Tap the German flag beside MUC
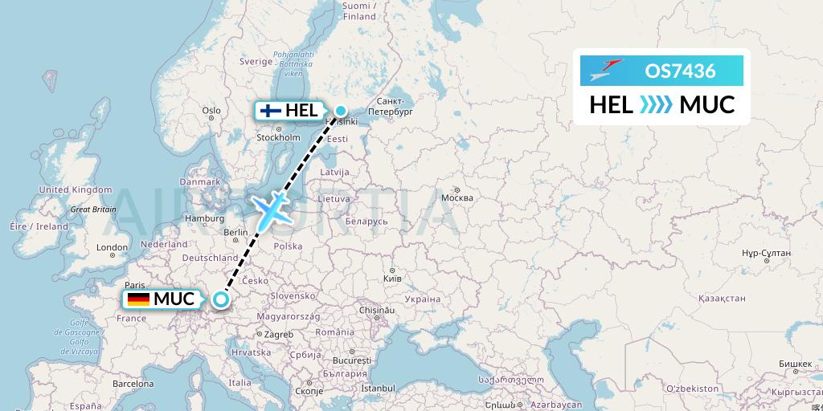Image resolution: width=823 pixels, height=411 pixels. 138,299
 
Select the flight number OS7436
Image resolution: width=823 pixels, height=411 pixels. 680,71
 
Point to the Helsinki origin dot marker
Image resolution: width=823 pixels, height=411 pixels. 341,111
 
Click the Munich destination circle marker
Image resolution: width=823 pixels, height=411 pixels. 220,300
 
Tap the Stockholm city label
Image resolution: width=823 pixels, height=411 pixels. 278,137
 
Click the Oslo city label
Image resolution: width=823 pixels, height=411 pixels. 211,111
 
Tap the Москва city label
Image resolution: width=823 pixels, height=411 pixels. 457,197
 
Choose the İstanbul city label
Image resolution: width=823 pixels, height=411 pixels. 379,389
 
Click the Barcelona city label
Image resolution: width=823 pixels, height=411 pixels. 133,384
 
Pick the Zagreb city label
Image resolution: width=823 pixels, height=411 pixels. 279,333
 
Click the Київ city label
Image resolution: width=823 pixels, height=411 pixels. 391,277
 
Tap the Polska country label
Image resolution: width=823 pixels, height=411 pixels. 287,246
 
